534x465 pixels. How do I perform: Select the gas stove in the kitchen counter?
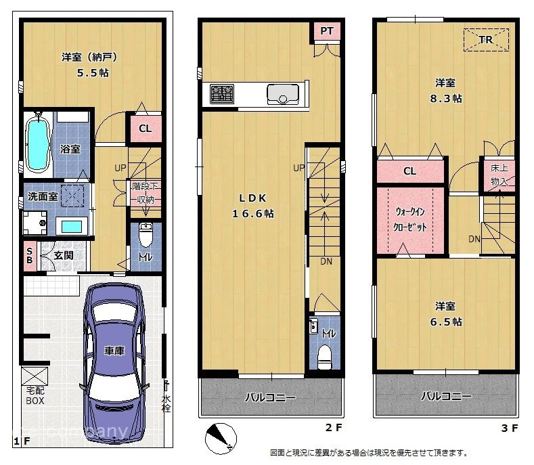(221, 93)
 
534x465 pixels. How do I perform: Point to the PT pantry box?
(326, 31)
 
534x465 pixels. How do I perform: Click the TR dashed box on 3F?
(486, 40)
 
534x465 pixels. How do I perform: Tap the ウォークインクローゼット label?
(410, 219)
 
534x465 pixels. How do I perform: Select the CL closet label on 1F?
(145, 129)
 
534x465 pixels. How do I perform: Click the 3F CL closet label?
(409, 171)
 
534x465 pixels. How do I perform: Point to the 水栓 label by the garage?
(166, 403)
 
